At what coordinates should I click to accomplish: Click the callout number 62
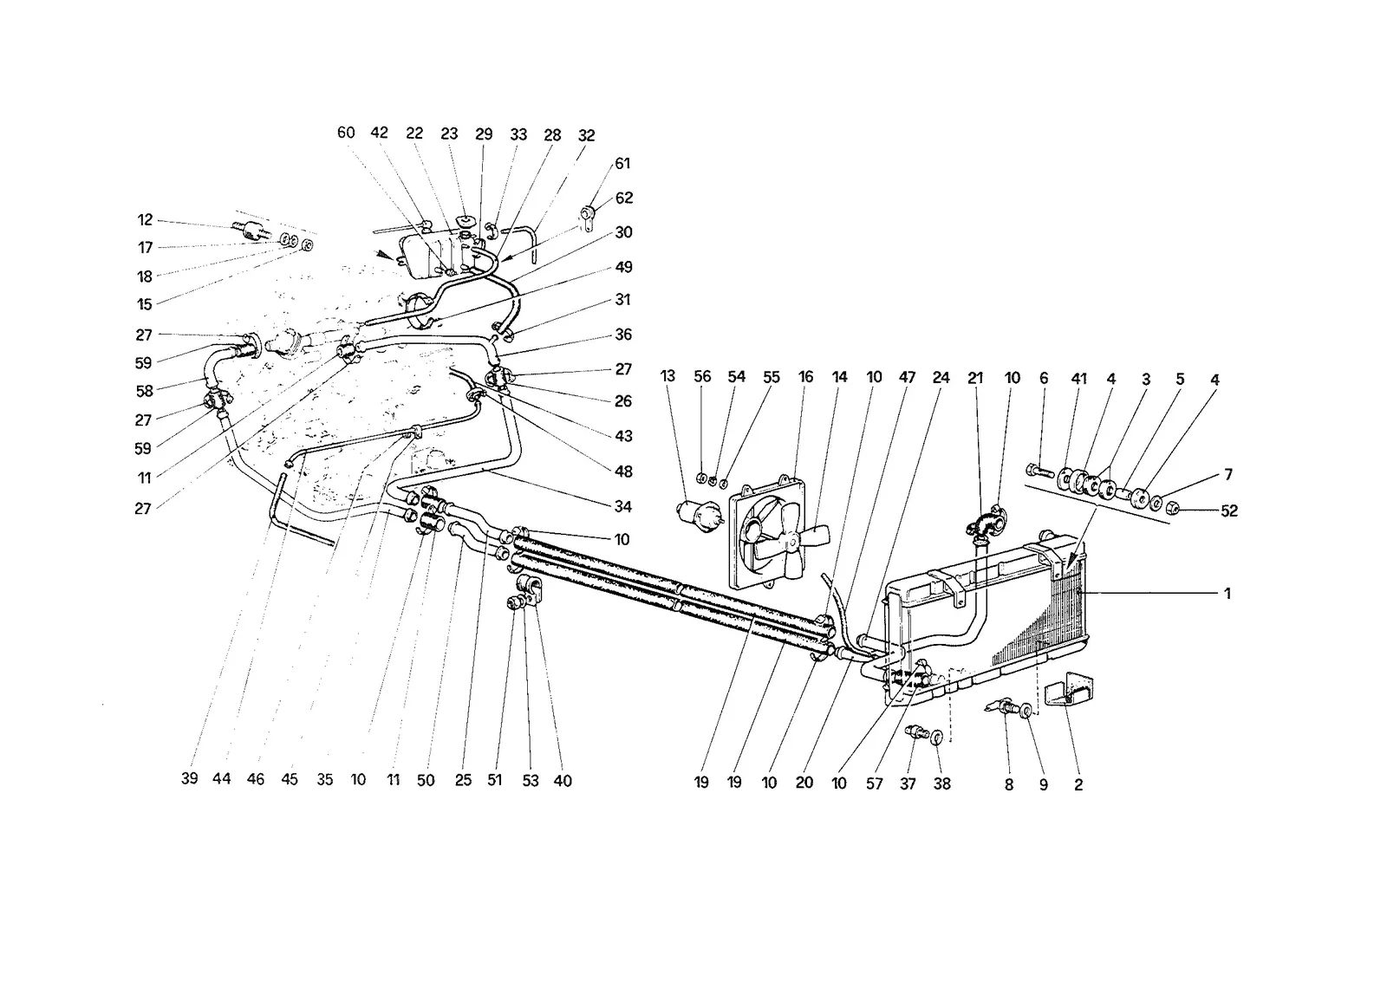(x=624, y=198)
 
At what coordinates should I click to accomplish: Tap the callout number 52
(x=1229, y=511)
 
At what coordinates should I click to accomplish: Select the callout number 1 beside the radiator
(x=1227, y=593)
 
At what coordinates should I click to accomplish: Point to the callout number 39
(x=190, y=778)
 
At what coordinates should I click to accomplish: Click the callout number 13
(x=667, y=376)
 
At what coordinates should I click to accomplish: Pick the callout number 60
(x=346, y=133)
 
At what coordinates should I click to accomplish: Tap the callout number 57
(x=875, y=784)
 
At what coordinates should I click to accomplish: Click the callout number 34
(x=623, y=506)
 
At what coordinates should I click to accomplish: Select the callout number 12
(x=145, y=220)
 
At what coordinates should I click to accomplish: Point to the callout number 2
(x=1078, y=784)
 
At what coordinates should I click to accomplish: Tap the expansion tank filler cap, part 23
(x=463, y=221)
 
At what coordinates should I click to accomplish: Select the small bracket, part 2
(x=1069, y=688)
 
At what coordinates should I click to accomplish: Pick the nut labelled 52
(x=1171, y=509)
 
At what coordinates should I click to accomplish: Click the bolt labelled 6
(x=1040, y=488)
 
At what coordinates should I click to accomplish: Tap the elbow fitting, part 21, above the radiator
(x=987, y=522)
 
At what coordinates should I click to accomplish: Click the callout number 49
(x=623, y=267)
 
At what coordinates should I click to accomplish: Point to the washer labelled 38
(x=937, y=737)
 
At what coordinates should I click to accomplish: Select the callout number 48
(x=623, y=471)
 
